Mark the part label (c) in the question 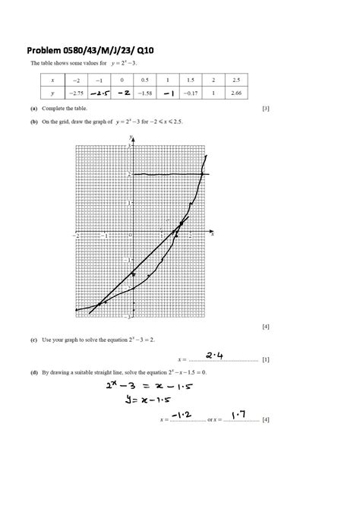pos(35,340)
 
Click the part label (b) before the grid pos(35,122)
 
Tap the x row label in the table pos(52,79)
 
